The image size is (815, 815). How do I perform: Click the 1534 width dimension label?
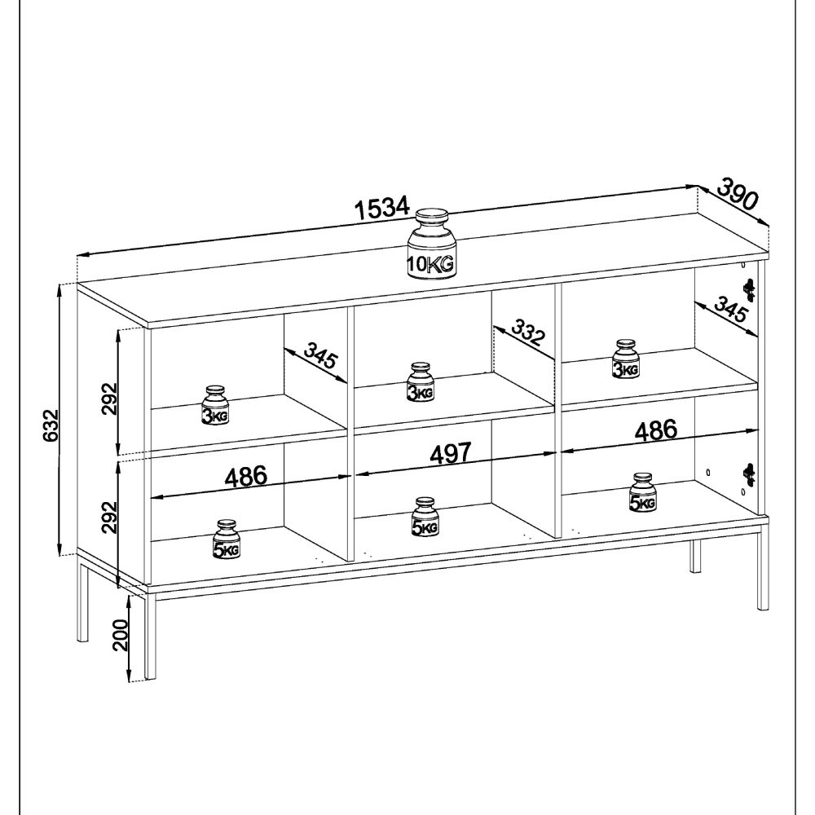[x=381, y=209]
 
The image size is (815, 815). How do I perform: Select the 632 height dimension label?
[x=51, y=424]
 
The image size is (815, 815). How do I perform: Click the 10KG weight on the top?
[x=432, y=246]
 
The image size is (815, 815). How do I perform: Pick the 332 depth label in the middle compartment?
[x=526, y=335]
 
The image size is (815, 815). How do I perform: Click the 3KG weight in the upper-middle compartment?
[x=421, y=383]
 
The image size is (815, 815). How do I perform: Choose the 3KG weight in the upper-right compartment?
[x=625, y=360]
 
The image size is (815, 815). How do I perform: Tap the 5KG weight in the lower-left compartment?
[x=226, y=540]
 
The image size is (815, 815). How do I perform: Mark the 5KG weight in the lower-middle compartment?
[x=425, y=518]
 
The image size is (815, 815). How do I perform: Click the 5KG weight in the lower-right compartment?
[x=642, y=494]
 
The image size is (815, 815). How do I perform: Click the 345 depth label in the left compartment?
[x=318, y=356]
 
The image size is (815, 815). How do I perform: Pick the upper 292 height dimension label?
[x=110, y=398]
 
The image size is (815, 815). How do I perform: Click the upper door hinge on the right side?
[x=748, y=288]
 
